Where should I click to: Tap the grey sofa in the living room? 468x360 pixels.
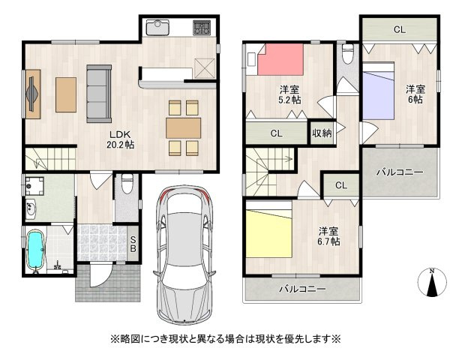tap(98, 93)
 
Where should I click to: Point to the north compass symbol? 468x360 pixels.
tap(432, 283)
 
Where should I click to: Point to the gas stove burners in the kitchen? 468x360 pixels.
tap(202, 29)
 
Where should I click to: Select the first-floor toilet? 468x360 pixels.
tap(126, 184)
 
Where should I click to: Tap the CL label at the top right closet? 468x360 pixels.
tap(399, 30)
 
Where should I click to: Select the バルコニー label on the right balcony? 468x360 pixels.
tap(399, 172)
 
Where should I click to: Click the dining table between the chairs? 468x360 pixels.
tap(184, 124)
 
